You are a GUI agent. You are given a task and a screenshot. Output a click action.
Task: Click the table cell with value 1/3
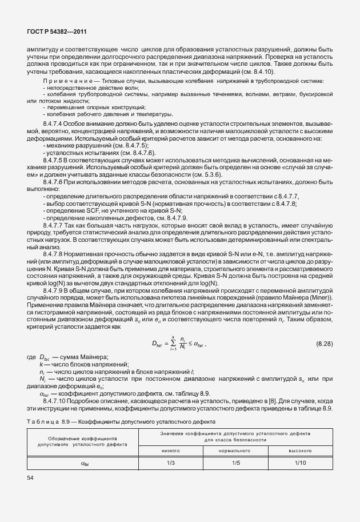tap(170, 463)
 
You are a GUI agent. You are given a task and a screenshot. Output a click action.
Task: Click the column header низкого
tap(170, 451)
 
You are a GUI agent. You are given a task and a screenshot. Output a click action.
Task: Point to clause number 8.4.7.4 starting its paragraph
tap(55, 124)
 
